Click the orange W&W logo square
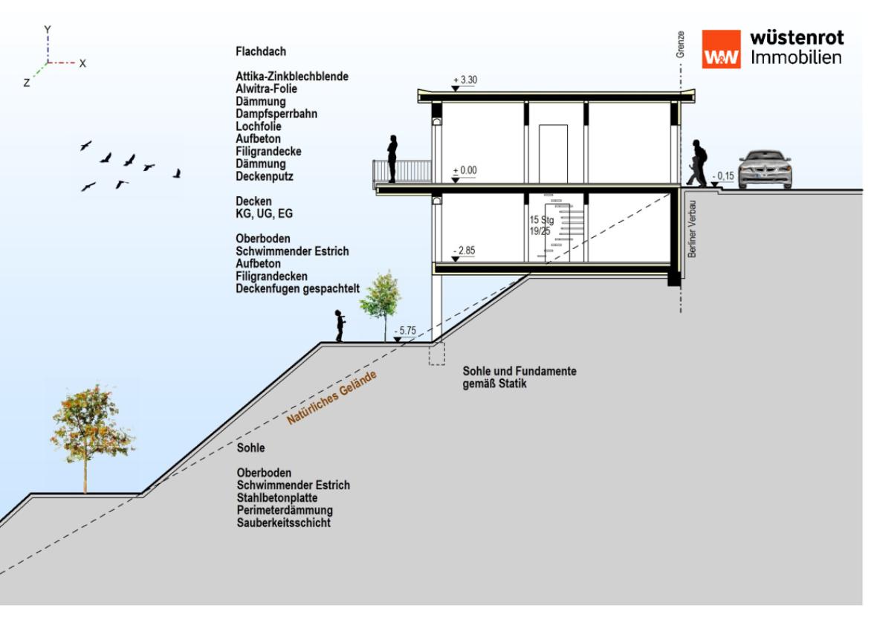tap(721, 50)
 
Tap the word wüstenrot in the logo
tap(797, 37)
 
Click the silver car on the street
tap(765, 169)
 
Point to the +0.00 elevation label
tap(465, 170)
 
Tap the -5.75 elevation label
tap(406, 331)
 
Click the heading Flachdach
tap(261, 52)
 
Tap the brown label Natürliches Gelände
tap(332, 398)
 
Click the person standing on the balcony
tap(392, 158)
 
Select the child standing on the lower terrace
tap(340, 326)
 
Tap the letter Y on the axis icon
tap(48, 30)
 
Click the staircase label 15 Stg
tap(542, 220)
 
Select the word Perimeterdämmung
tap(285, 511)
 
